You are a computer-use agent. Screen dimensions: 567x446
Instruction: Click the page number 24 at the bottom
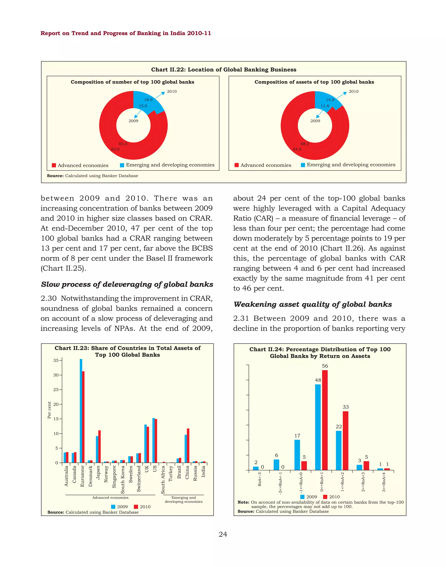[x=223, y=534]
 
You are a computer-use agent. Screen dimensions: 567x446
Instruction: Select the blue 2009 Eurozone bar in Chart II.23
[x=81, y=411]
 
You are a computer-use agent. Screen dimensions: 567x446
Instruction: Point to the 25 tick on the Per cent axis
[x=56, y=390]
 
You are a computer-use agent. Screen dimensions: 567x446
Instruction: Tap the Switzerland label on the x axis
[x=139, y=479]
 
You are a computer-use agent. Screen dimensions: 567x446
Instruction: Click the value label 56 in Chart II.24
[x=325, y=366]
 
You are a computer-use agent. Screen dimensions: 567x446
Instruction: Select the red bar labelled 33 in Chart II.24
[x=345, y=441]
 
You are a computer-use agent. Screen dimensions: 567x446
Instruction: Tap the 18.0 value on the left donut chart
[x=148, y=100]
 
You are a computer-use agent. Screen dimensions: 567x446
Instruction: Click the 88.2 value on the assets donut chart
[x=304, y=144]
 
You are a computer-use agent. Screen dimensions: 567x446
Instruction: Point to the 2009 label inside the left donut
[x=133, y=121]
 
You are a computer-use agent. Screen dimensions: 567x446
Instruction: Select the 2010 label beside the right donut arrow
[x=354, y=91]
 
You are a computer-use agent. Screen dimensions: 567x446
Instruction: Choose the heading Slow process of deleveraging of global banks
[x=127, y=284]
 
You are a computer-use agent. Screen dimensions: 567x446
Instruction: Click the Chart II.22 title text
[x=223, y=69]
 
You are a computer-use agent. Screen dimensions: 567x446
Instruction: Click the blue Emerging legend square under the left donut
[x=122, y=165]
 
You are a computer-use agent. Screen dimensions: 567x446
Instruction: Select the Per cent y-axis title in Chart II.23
[x=49, y=410]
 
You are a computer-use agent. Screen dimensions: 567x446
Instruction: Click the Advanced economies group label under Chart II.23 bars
[x=110, y=498]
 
